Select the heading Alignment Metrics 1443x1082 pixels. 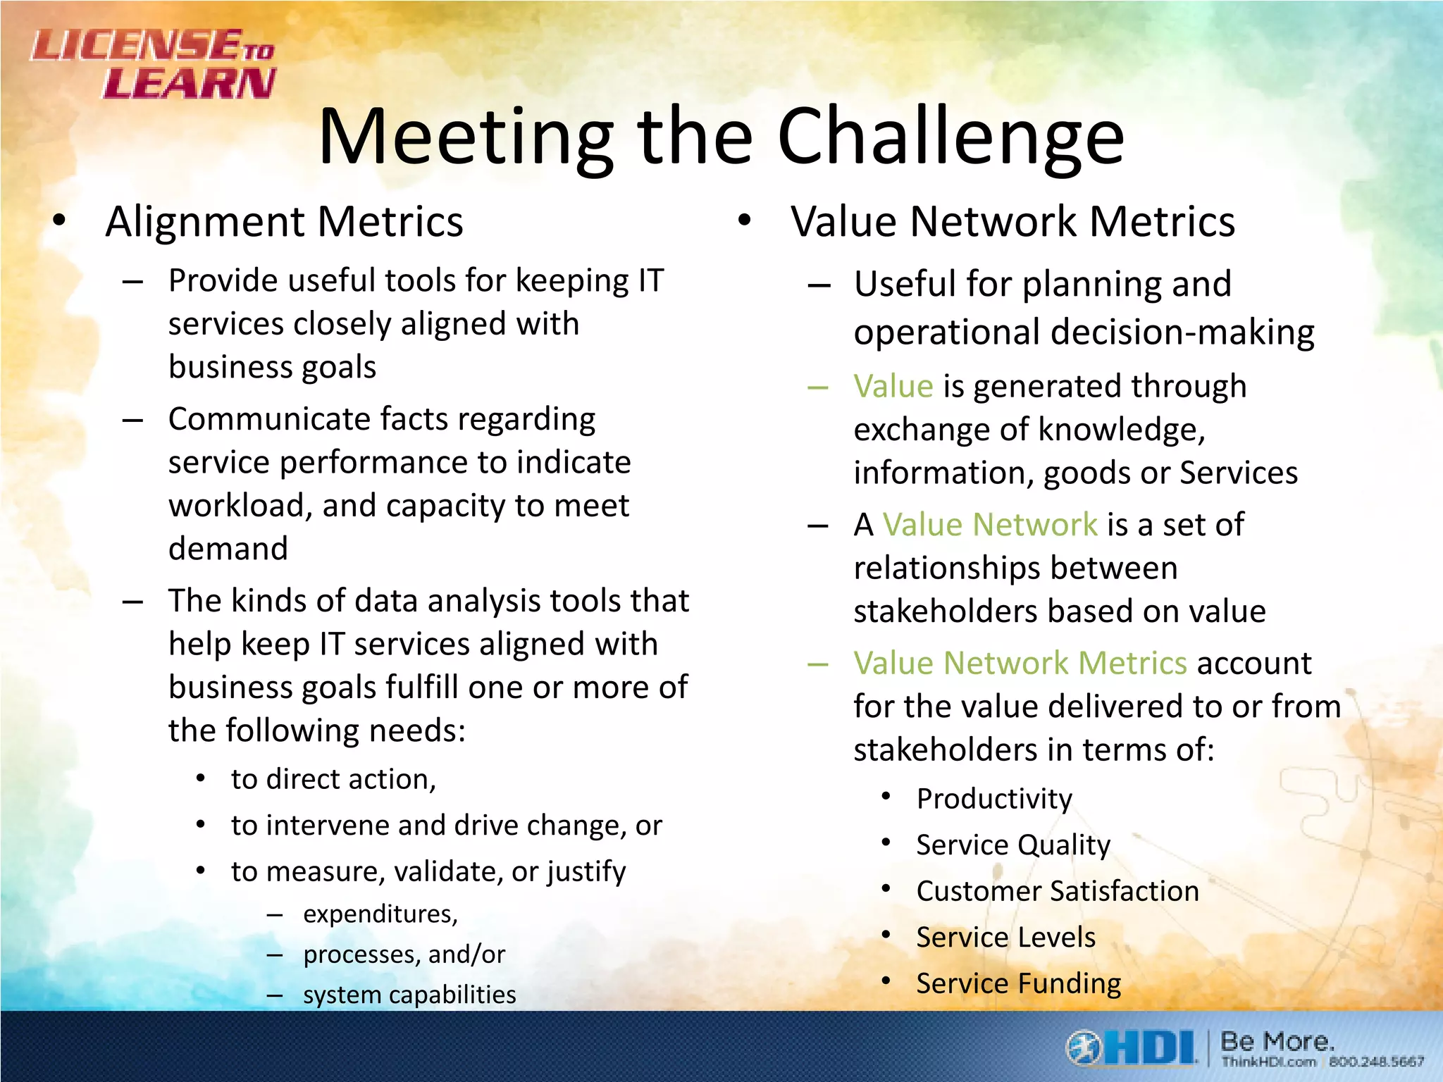pyautogui.click(x=284, y=222)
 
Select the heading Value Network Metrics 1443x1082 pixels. pyautogui.click(x=1012, y=222)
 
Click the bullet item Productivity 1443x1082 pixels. pyautogui.click(x=994, y=799)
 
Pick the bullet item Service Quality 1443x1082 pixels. pyautogui.click(x=1013, y=845)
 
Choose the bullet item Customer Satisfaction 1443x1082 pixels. pyautogui.click(x=1058, y=891)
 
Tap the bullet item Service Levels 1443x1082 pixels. pyautogui.click(x=1006, y=938)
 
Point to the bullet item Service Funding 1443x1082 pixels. pyautogui.click(x=1019, y=983)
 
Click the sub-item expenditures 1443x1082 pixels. pyautogui.click(x=380, y=914)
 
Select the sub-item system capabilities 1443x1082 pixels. pyautogui.click(x=409, y=995)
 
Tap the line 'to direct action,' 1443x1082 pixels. pyautogui.click(x=334, y=780)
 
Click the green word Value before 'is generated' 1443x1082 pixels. pyautogui.click(x=893, y=387)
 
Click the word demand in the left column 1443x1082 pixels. pyautogui.click(x=228, y=549)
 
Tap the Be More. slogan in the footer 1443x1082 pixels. pyautogui.click(x=1277, y=1040)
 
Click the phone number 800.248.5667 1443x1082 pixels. pyautogui.click(x=1376, y=1062)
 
